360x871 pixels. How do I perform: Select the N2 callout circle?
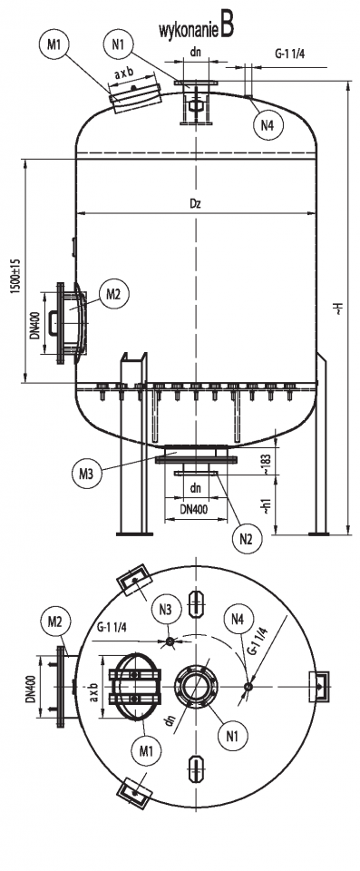[247, 538]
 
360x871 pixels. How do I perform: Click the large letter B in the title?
[227, 26]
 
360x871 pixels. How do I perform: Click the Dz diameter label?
[194, 203]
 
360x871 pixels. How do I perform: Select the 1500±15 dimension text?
[16, 277]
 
